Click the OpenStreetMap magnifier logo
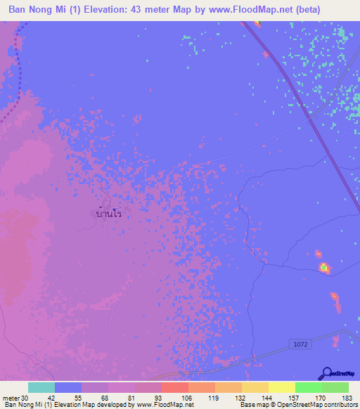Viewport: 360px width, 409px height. pyautogui.click(x=326, y=374)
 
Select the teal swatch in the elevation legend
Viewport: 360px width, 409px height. pyautogui.click(x=41, y=387)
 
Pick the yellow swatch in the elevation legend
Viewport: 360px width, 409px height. pyautogui.click(x=281, y=387)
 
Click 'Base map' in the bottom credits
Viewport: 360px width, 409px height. pyautogui.click(x=252, y=405)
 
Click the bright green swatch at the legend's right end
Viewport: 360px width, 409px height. pyautogui.click(x=335, y=387)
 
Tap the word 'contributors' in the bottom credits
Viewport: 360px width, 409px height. pyautogui.click(x=340, y=405)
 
